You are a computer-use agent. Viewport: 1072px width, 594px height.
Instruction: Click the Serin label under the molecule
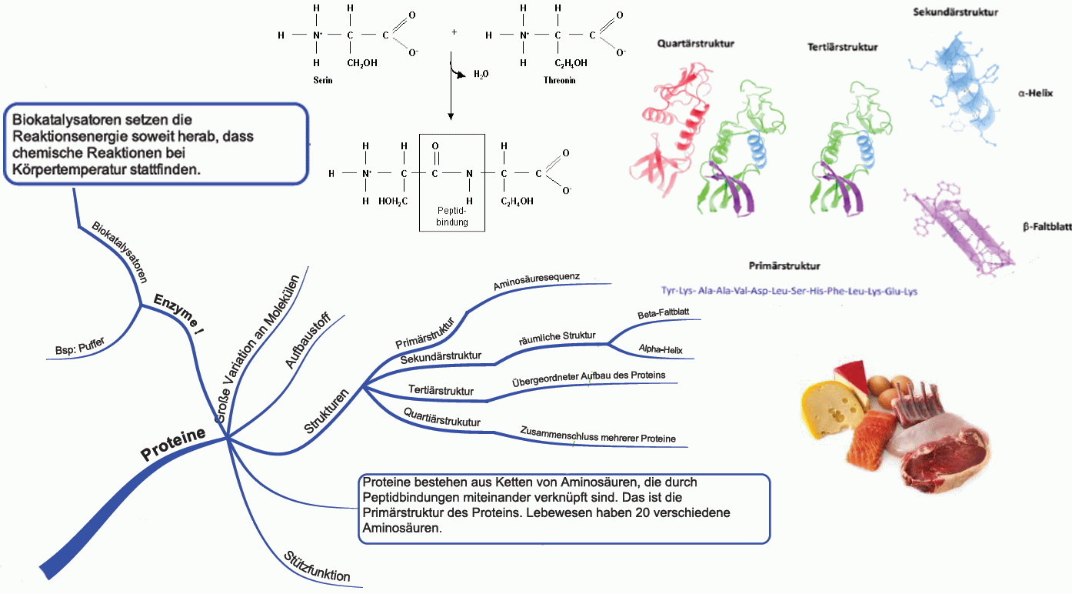click(x=323, y=80)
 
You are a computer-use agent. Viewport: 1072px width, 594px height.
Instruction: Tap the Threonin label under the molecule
click(x=559, y=80)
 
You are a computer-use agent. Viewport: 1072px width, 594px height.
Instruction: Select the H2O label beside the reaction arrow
click(x=481, y=75)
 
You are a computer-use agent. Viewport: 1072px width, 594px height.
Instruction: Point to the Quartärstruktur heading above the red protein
click(x=695, y=44)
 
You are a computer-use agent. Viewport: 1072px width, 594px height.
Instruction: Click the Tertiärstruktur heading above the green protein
click(x=843, y=47)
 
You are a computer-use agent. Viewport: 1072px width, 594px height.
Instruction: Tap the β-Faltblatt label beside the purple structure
click(x=1047, y=228)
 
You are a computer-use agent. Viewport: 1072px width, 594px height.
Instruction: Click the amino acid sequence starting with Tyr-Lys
click(x=789, y=292)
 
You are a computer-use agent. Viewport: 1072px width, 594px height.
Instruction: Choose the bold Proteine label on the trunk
click(x=173, y=444)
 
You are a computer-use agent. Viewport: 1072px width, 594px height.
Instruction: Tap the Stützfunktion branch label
click(x=317, y=566)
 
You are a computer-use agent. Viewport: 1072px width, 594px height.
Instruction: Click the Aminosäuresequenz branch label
click(x=536, y=281)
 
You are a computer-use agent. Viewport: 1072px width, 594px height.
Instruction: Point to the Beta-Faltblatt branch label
click(x=663, y=315)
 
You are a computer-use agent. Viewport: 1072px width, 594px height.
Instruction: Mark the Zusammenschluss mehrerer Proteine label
click(x=598, y=435)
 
